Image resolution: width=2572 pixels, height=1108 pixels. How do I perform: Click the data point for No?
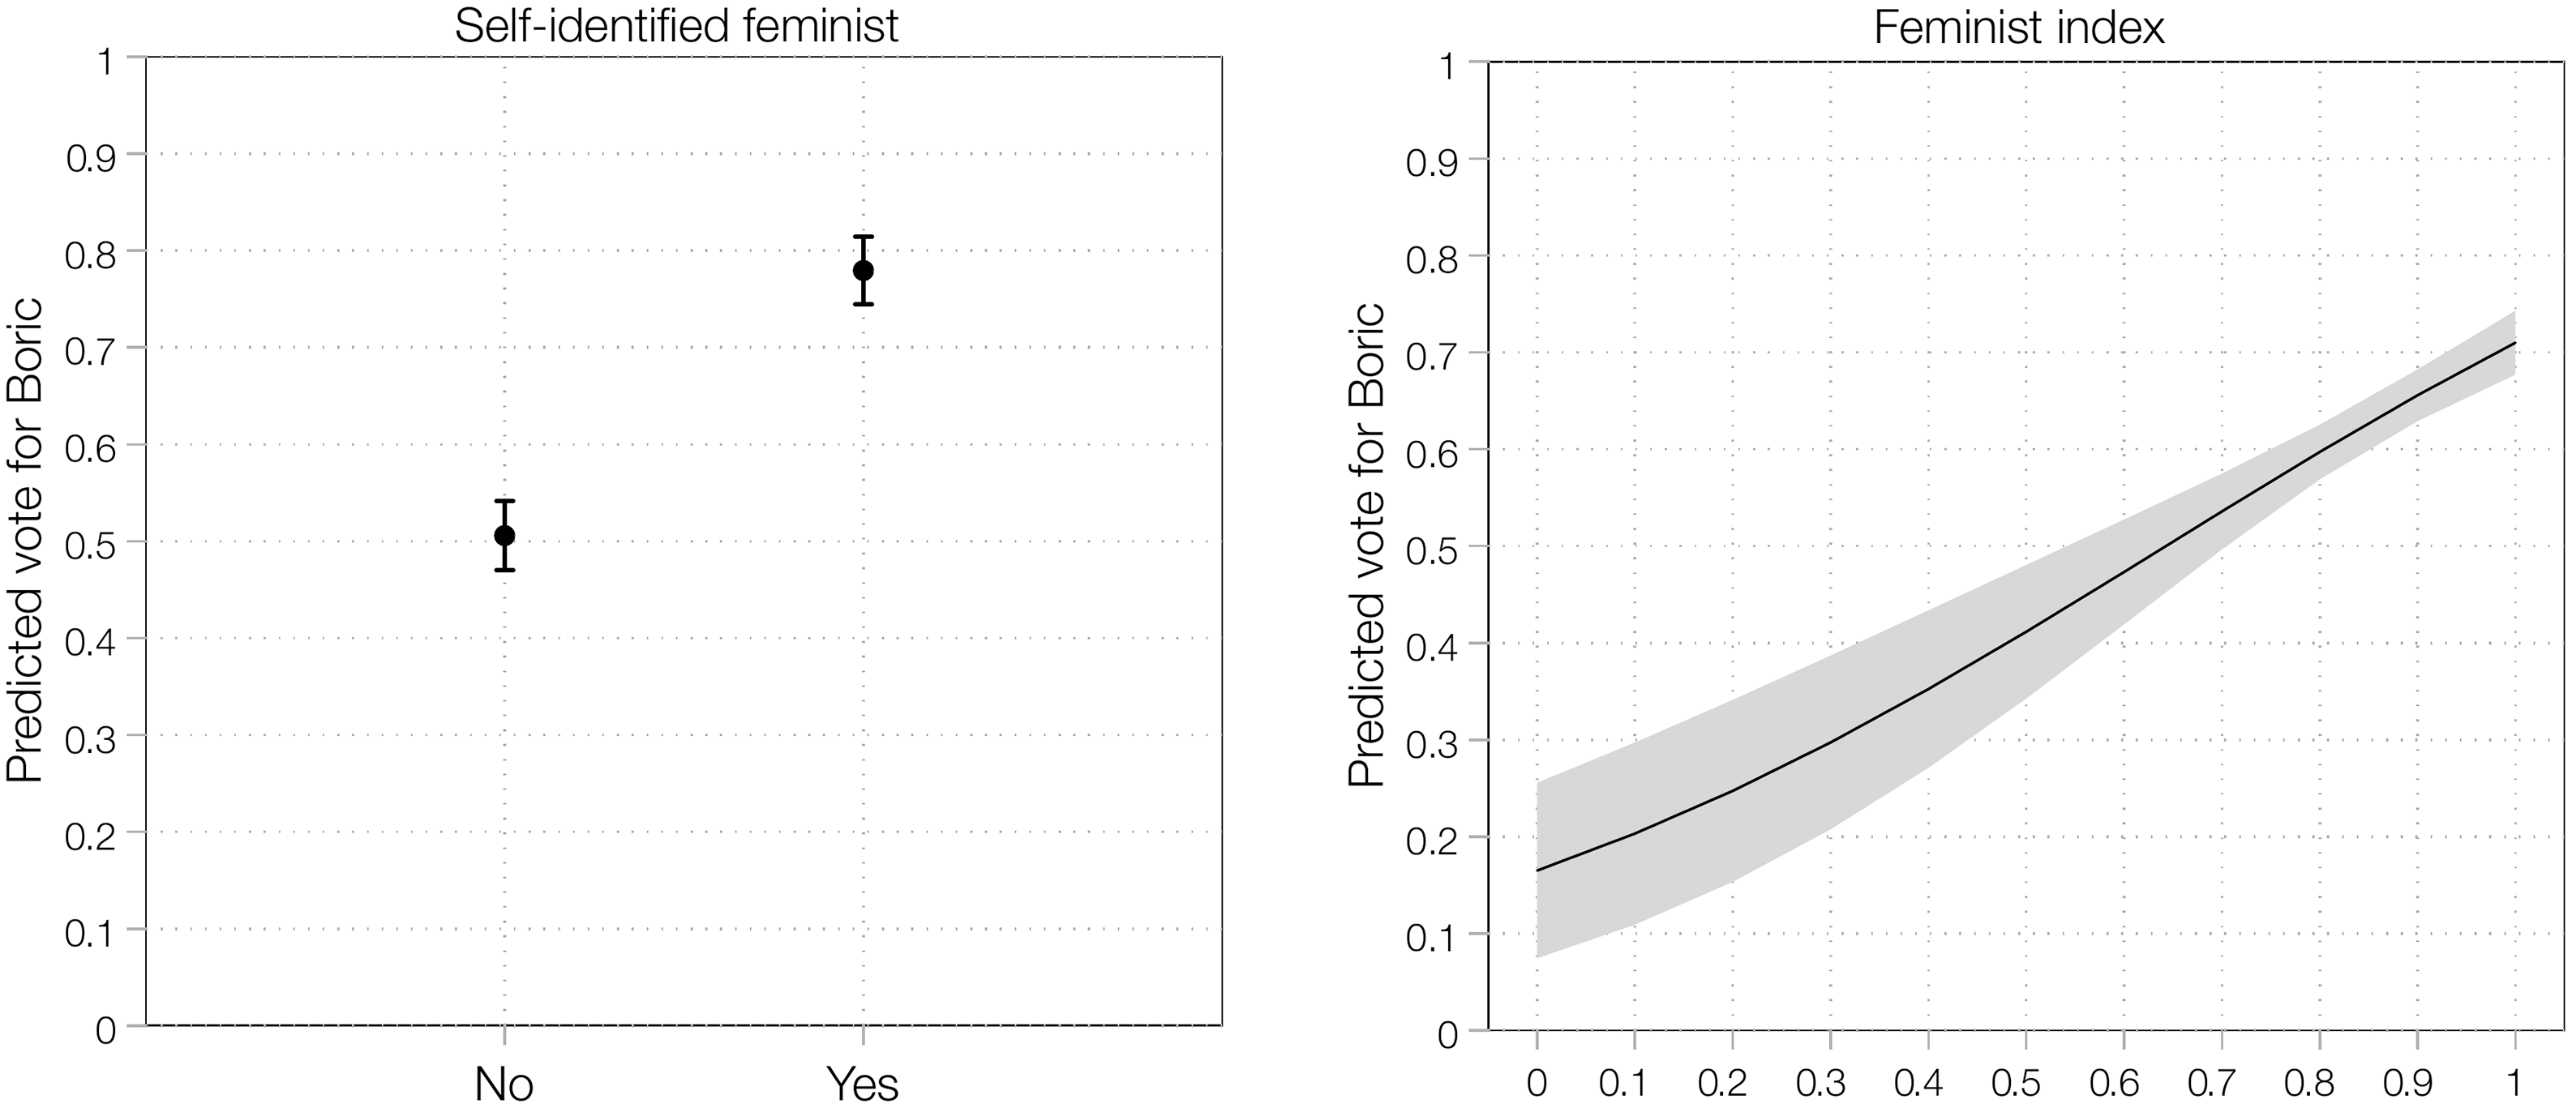[504, 535]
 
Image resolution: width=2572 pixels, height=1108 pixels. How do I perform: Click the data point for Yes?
[864, 271]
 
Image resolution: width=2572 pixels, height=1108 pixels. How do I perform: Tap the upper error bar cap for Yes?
[864, 237]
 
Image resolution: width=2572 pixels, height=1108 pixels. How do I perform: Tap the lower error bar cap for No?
[504, 570]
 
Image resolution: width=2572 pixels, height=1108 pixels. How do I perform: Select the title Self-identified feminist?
[676, 26]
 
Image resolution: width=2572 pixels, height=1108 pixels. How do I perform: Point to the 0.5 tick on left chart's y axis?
[90, 542]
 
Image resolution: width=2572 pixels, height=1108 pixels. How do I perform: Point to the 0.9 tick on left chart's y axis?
[90, 155]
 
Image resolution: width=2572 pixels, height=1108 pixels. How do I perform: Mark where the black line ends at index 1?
[2514, 342]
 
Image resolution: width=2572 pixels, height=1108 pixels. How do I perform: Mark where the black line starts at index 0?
[1537, 871]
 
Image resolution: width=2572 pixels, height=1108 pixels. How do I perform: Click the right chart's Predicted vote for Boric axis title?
[1366, 545]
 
